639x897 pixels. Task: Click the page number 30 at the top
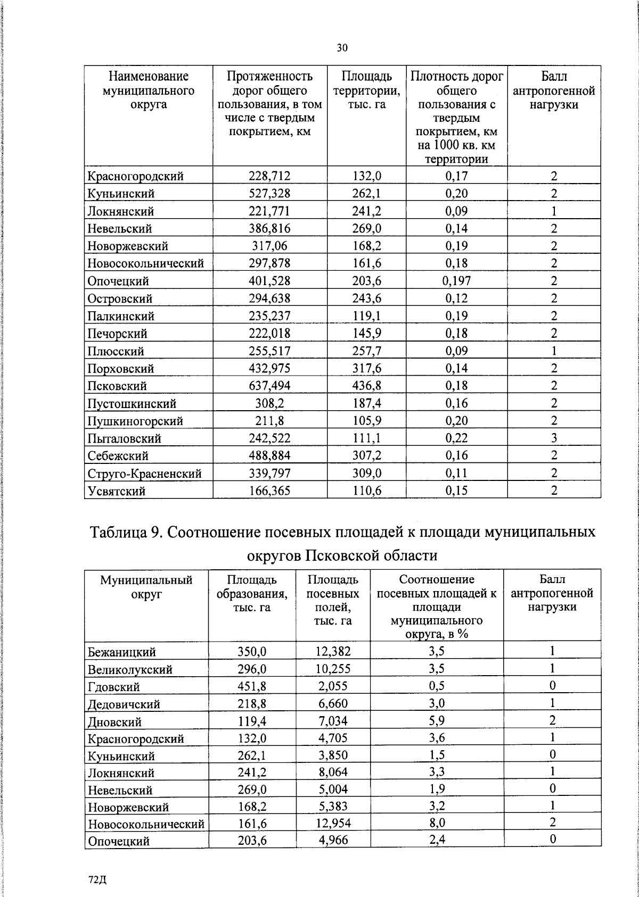click(342, 48)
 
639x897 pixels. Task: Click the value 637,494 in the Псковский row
click(270, 386)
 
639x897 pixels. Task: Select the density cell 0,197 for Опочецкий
click(456, 281)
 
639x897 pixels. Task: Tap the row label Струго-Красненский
click(144, 474)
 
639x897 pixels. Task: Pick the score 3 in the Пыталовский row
click(554, 438)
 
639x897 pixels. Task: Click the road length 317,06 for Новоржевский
click(270, 246)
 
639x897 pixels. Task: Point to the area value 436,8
click(366, 386)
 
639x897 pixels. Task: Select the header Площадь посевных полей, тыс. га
click(333, 600)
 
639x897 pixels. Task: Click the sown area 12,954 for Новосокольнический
click(333, 823)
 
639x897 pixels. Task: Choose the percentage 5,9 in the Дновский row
click(437, 721)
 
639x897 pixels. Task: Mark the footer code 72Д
click(98, 879)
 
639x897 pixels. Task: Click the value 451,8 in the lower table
click(252, 686)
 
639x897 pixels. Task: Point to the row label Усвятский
click(117, 491)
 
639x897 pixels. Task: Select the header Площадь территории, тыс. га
click(366, 90)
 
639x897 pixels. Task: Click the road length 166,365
click(270, 491)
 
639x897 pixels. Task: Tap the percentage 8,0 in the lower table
click(437, 823)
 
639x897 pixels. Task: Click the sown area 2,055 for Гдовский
click(333, 686)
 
